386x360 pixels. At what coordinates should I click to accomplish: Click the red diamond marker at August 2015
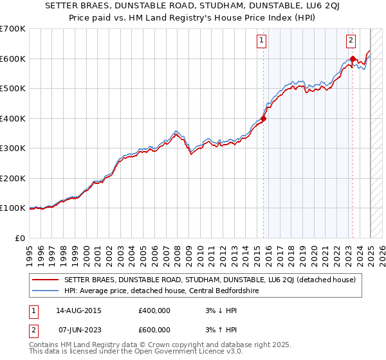tap(263, 118)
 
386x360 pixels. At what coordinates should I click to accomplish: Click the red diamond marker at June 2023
tap(353, 59)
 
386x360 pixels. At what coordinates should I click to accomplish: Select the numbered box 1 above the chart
tap(262, 40)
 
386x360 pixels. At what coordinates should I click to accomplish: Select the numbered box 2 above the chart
tap(351, 40)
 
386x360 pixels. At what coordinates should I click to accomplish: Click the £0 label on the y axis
tap(21, 238)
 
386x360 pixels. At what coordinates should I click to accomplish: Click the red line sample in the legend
tap(45, 279)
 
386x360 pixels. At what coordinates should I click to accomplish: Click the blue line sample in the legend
tap(45, 290)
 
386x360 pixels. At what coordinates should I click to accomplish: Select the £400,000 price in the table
tap(154, 310)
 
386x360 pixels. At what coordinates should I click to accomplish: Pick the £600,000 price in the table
tap(154, 330)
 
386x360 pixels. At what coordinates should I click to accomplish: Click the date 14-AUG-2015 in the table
tap(78, 310)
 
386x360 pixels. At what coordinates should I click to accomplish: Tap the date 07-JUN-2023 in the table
tap(78, 330)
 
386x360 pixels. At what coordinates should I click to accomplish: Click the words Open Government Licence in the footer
tap(178, 352)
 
